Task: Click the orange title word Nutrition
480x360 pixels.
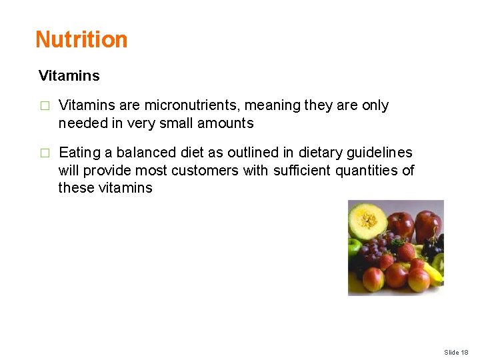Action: click(81, 39)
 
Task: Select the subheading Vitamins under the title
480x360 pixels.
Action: click(69, 76)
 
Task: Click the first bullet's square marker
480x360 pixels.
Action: click(44, 106)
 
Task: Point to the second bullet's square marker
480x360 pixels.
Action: click(44, 153)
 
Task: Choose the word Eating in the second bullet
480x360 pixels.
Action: click(80, 153)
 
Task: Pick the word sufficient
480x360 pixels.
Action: click(303, 171)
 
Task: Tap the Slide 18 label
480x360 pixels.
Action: click(456, 352)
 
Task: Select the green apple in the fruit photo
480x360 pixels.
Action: click(354, 249)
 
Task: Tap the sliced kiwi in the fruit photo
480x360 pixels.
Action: click(438, 261)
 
